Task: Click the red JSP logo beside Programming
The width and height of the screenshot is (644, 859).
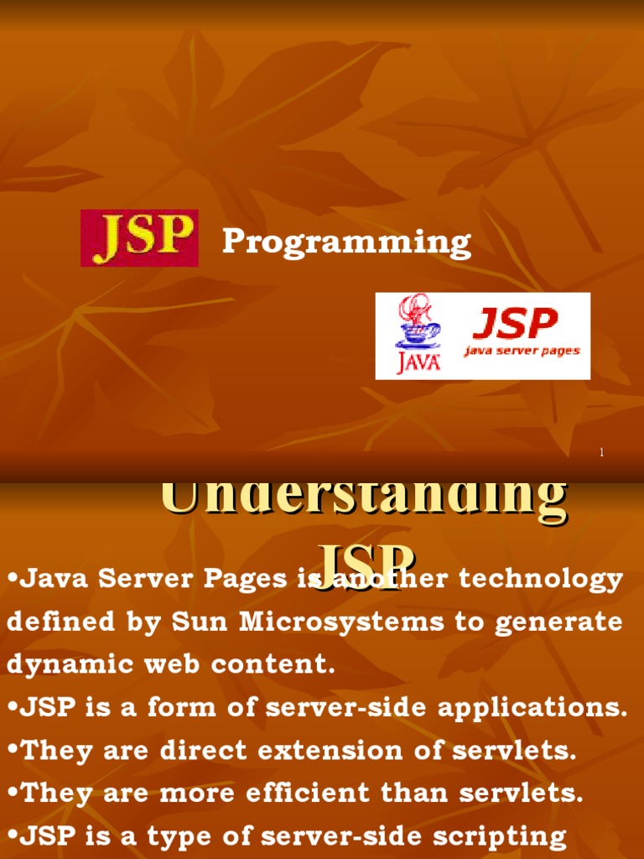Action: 139,238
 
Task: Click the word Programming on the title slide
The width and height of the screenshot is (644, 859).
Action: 346,242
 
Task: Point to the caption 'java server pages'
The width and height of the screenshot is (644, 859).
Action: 522,351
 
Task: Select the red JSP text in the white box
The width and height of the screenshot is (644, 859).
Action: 515,323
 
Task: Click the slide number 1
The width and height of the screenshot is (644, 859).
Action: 601,453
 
